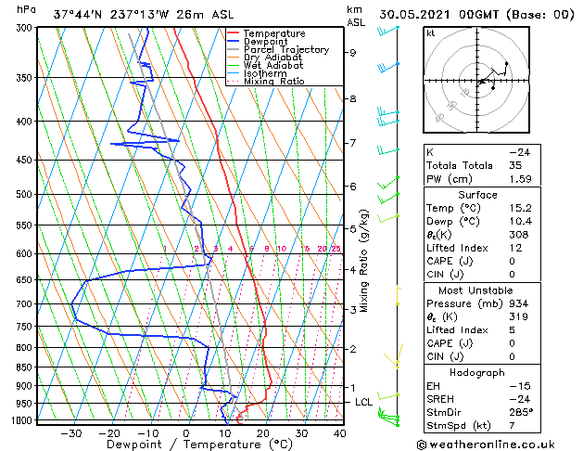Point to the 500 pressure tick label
(x=25, y=195)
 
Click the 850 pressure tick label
(x=25, y=367)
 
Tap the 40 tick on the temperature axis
(x=340, y=433)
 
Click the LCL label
(x=364, y=402)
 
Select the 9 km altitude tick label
(x=353, y=53)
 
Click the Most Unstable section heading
(x=477, y=290)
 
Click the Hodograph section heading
(x=477, y=372)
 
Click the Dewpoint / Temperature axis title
(x=186, y=445)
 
